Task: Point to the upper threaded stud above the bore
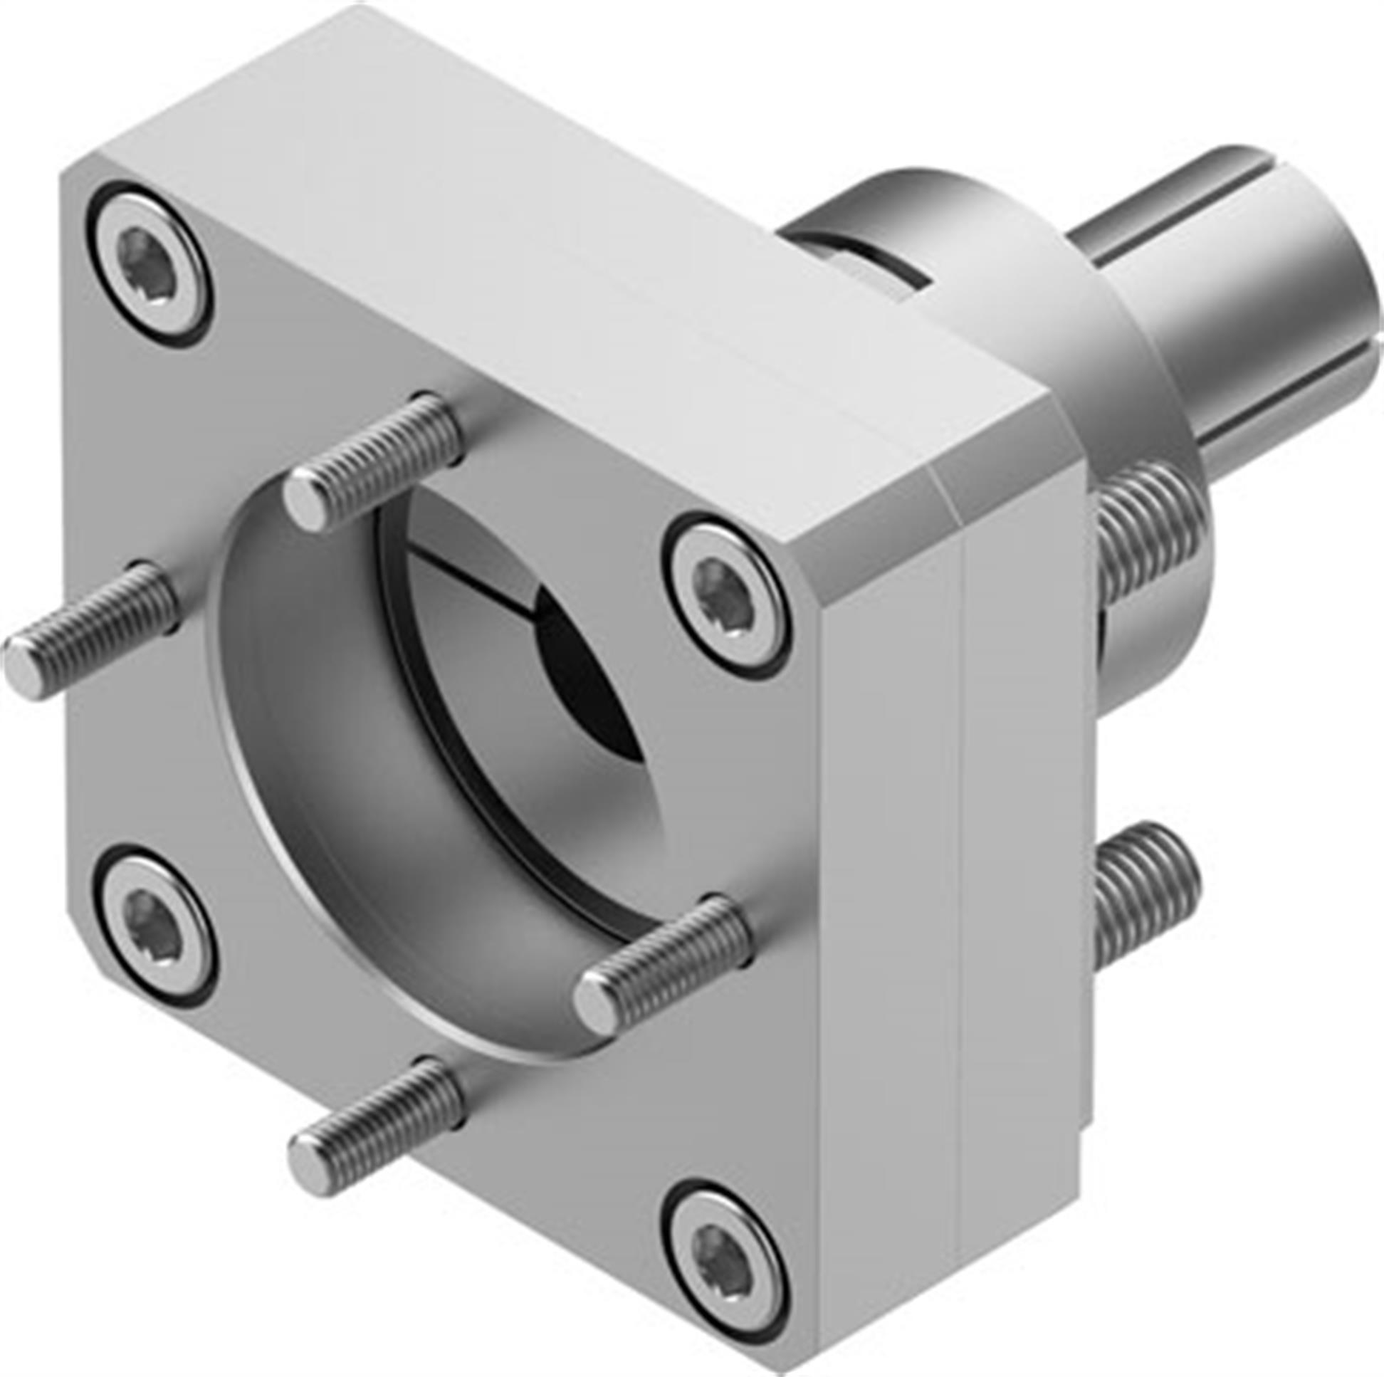coord(372,462)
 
